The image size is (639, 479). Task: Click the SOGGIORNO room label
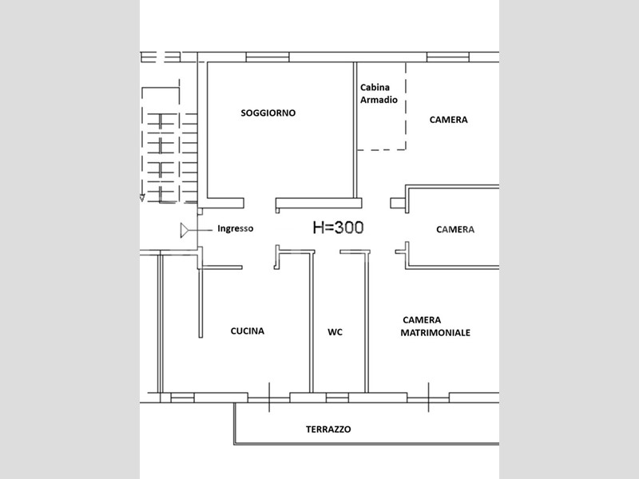point(268,113)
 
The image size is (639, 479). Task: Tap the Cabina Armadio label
point(379,93)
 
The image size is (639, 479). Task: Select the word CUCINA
point(248,331)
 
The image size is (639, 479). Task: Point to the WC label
point(335,332)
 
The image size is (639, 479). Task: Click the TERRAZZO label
point(328,430)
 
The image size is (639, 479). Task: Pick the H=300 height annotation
point(338,228)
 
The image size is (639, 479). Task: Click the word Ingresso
point(235,228)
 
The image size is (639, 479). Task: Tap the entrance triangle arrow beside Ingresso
point(185,230)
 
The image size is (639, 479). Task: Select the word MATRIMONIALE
point(435,333)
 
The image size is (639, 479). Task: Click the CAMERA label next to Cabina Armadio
point(449,120)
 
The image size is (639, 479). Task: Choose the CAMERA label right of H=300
point(455,230)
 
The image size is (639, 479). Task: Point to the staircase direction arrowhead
point(142,198)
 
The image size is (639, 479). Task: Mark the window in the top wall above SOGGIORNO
point(268,57)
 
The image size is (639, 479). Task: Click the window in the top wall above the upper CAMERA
point(448,57)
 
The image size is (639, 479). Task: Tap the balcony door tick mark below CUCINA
point(269,397)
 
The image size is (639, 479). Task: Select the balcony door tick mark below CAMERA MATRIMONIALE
point(428,397)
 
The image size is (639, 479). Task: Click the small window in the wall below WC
point(337,398)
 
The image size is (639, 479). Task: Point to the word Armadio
point(379,100)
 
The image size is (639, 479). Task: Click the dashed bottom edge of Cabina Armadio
point(382,150)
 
